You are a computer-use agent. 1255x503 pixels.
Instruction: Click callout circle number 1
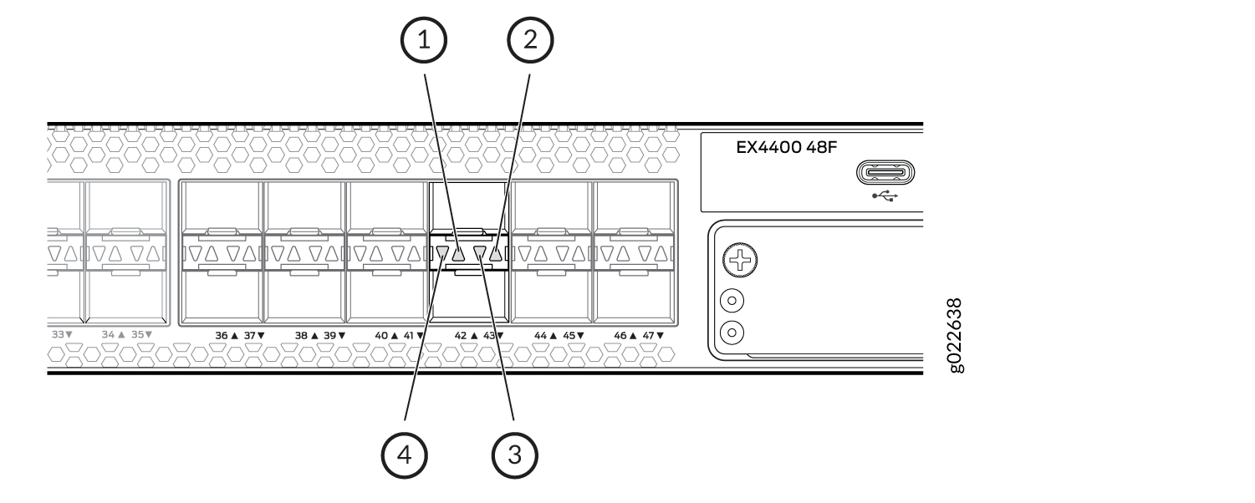[424, 40]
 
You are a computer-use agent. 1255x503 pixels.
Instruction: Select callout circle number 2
[530, 40]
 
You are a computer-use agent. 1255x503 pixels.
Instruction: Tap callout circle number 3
[514, 455]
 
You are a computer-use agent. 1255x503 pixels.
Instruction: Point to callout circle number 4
[404, 455]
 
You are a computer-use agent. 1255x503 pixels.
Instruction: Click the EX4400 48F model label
[786, 147]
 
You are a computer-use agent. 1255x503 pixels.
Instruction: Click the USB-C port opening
[885, 172]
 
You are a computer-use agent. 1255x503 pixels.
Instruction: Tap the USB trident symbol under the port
[885, 196]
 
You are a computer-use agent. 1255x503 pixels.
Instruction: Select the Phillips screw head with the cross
[740, 260]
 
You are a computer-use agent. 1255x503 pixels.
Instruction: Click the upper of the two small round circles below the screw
[732, 301]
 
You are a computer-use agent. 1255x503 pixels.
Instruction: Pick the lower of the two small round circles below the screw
[732, 333]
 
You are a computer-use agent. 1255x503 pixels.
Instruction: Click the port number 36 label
[222, 336]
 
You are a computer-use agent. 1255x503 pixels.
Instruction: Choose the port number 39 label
[330, 336]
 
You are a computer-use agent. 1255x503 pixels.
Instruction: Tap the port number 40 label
[381, 336]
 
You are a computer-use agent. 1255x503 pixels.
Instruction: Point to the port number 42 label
[461, 336]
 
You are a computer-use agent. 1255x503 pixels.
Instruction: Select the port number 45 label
[569, 336]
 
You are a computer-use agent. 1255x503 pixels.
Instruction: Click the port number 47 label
[648, 336]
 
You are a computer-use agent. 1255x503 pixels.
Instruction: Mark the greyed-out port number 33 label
[59, 334]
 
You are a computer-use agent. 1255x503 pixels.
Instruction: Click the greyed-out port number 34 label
[108, 334]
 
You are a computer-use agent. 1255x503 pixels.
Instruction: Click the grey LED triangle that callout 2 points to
[496, 254]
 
